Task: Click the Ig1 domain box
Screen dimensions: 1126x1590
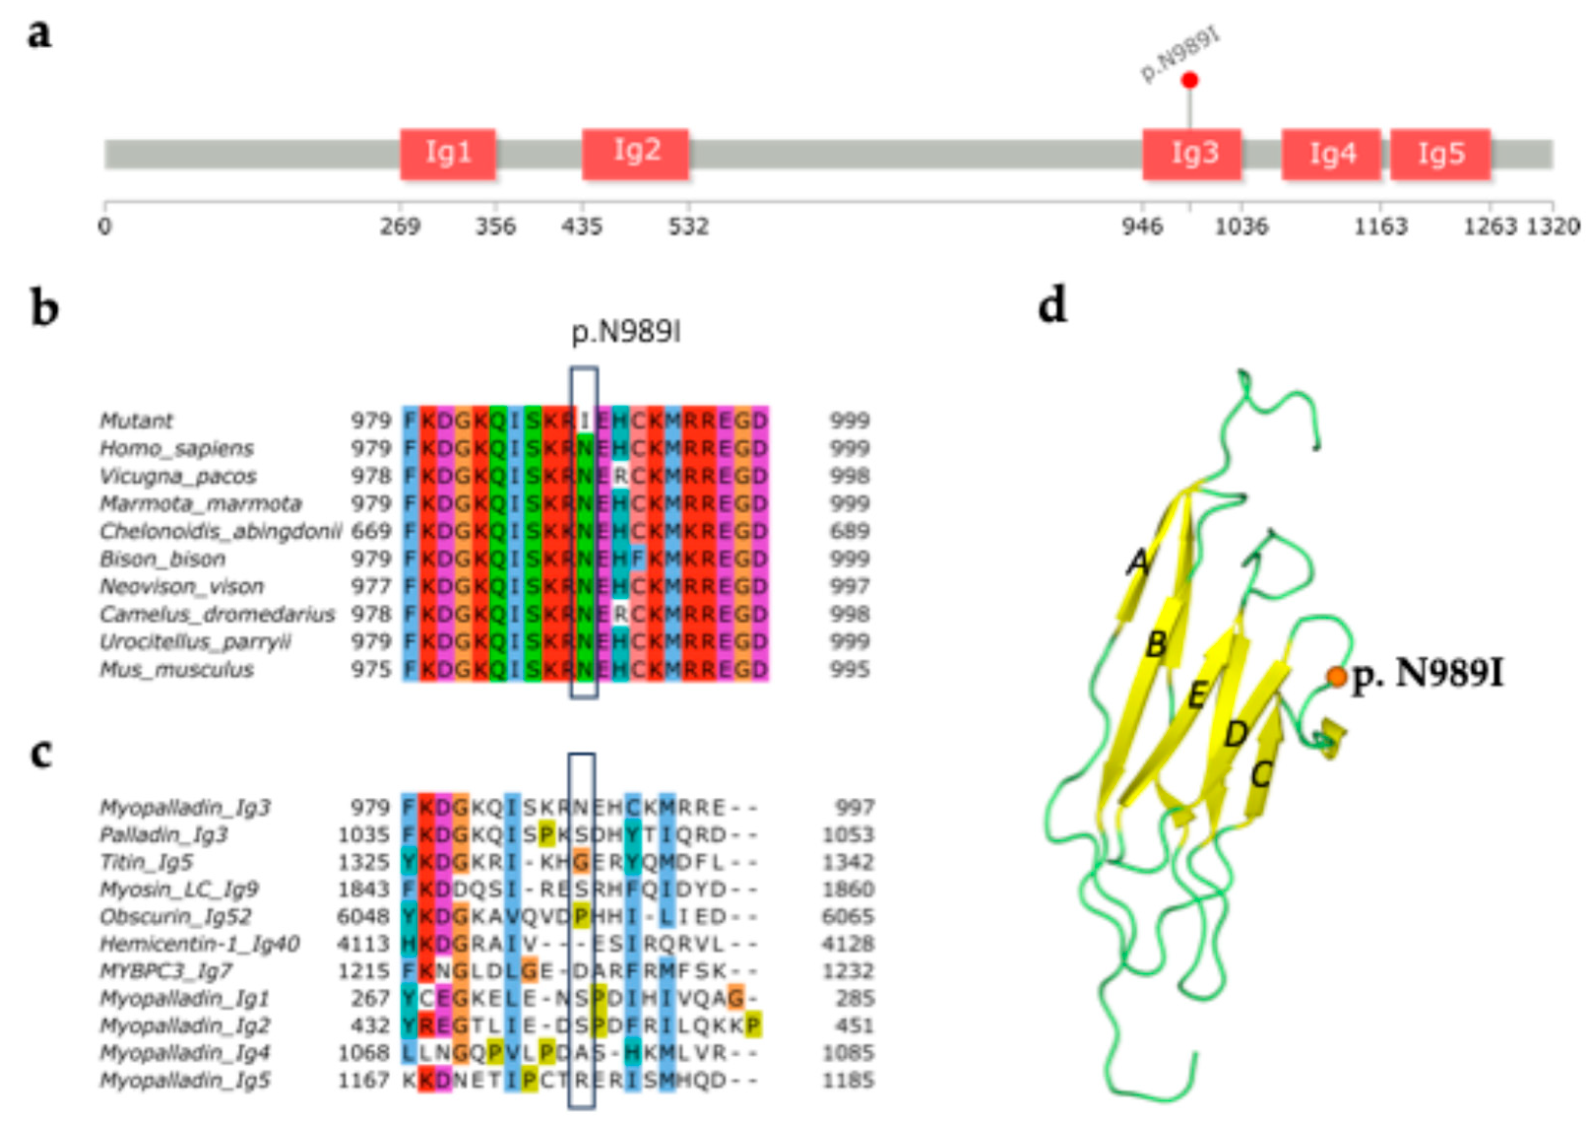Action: pos(448,153)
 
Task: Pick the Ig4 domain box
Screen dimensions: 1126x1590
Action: pos(1331,153)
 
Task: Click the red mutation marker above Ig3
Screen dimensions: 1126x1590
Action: pos(1190,80)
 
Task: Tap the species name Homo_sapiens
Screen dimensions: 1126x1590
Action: pos(177,449)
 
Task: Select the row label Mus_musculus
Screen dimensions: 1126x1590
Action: pos(177,670)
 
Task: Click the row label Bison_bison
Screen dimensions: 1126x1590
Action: pos(163,559)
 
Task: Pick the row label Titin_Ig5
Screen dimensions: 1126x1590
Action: pos(146,862)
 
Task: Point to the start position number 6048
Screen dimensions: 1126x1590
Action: pos(363,917)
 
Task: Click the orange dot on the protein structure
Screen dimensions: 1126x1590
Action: pos(1337,677)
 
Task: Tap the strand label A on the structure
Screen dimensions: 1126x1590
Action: pos(1137,563)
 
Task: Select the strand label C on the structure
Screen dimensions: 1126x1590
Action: pos(1261,775)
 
